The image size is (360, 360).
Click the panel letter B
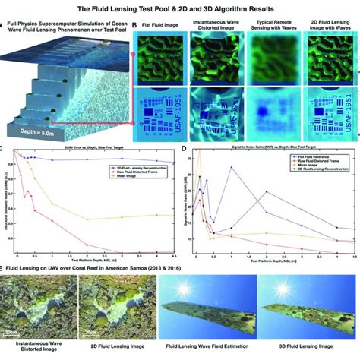pyautogui.click(x=135, y=25)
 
